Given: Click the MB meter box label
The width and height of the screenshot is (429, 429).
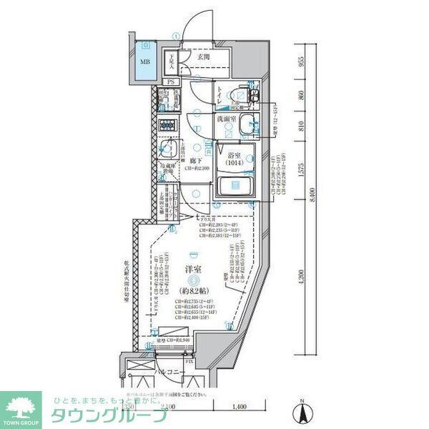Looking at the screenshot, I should point(145,61).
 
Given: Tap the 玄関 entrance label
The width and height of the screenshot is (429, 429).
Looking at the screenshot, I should point(204,57).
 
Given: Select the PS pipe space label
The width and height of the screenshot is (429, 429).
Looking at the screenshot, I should point(170,82).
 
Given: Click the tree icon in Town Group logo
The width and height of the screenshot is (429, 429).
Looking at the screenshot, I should point(21,405).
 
